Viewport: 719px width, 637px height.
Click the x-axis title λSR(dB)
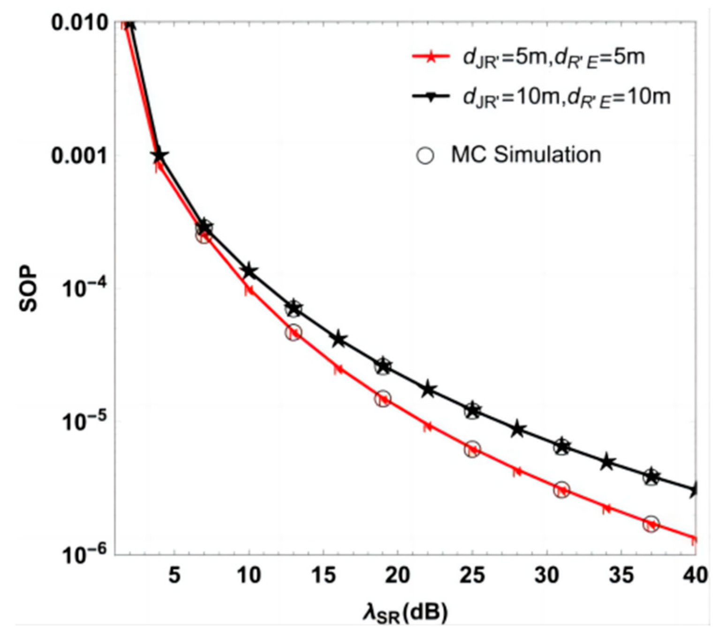pos(405,613)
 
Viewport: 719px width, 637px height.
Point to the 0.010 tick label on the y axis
pos(79,22)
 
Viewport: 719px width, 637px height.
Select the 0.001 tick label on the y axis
pos(79,156)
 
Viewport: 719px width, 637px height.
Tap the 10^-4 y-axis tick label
pos(85,288)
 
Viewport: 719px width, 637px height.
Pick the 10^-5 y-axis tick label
pos(85,421)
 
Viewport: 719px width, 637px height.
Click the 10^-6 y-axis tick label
pos(85,554)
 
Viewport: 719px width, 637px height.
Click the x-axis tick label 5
pos(174,575)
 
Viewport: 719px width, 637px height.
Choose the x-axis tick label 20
pos(397,575)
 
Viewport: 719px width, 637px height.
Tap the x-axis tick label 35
pos(621,575)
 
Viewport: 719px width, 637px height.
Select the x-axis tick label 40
pos(695,575)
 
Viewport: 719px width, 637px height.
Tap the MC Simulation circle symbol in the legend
pos(425,155)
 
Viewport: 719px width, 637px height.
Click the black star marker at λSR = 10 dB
pos(249,271)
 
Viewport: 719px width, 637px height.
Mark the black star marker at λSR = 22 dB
pos(428,389)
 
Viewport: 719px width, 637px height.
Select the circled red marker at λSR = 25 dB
pos(472,449)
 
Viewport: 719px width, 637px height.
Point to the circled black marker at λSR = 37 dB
pos(651,477)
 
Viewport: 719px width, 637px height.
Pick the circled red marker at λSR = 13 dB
pos(294,333)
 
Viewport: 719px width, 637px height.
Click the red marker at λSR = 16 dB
pos(338,369)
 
